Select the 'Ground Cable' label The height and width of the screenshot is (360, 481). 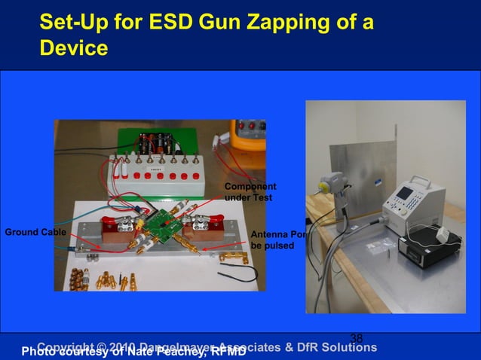(x=35, y=232)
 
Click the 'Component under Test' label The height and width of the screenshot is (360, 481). (x=250, y=192)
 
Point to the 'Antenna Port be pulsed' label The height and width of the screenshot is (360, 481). (x=277, y=240)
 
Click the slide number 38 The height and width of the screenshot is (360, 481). (x=357, y=339)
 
